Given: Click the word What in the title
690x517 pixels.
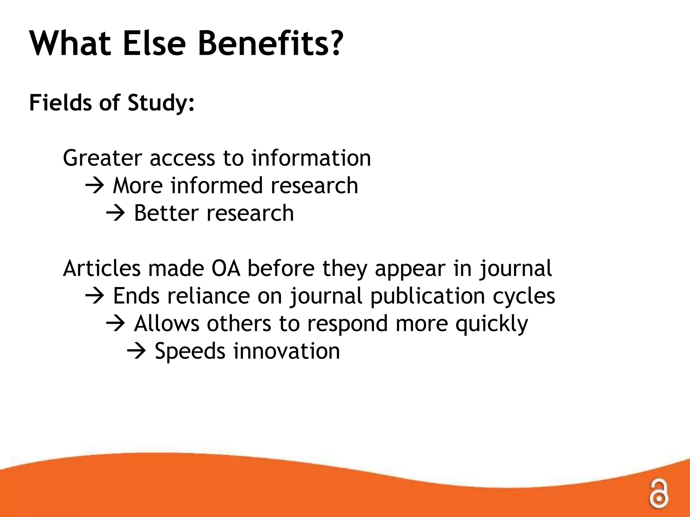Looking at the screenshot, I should click(x=70, y=44).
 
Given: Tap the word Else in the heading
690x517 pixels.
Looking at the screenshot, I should click(x=154, y=44).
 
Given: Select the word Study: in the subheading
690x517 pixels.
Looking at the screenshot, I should click(x=161, y=103).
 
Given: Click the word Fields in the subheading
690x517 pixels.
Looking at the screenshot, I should click(x=60, y=102).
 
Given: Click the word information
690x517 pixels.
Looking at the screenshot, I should click(x=311, y=158).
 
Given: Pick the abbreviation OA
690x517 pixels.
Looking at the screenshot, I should click(x=225, y=269).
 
